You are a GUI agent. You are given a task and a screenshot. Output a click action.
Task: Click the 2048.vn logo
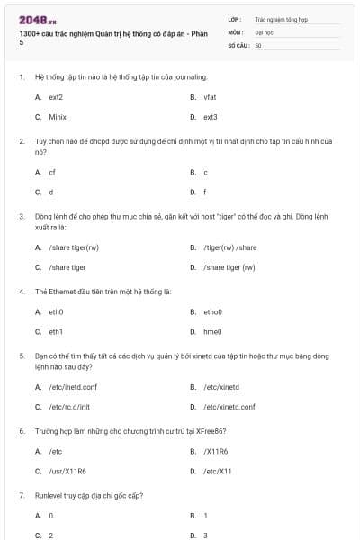point(32,20)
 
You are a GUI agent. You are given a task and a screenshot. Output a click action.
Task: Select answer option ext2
point(56,96)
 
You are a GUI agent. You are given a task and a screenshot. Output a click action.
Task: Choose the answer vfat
point(210,96)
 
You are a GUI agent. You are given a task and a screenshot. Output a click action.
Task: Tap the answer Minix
point(58,117)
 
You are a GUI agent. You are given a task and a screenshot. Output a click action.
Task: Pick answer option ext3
point(210,117)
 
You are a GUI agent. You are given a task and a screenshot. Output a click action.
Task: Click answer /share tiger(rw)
point(74,247)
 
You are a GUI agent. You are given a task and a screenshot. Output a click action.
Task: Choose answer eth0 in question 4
point(56,311)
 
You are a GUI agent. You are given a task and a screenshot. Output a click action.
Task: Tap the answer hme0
point(211,332)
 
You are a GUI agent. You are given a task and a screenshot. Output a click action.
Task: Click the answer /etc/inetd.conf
point(71,387)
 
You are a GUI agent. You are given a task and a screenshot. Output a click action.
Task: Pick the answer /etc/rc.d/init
point(69,407)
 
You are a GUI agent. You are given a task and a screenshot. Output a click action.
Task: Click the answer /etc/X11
point(217,471)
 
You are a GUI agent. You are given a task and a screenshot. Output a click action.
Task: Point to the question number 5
point(22,356)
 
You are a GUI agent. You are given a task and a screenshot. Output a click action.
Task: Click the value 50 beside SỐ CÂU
point(258,44)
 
